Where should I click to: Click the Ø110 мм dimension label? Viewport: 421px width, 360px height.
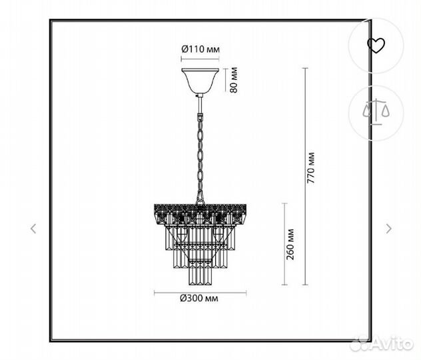click(201, 49)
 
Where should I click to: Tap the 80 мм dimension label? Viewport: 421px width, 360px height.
click(234, 80)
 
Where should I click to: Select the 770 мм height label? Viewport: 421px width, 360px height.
click(310, 167)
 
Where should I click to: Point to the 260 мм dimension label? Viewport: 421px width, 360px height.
click(290, 244)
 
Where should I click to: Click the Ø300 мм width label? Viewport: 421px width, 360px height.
click(199, 298)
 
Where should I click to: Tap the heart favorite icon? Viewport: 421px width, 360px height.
click(376, 45)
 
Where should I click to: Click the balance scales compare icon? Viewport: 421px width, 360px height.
click(376, 112)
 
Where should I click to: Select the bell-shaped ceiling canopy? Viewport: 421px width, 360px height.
click(200, 81)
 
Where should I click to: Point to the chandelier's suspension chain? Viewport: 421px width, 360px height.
click(201, 159)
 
